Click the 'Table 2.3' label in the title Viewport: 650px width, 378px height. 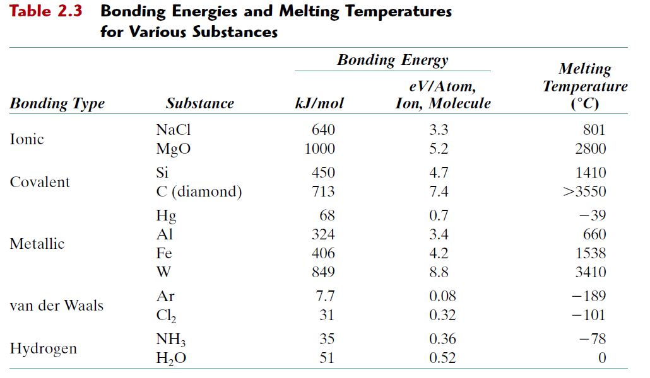46,12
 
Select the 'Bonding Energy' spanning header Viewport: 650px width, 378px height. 392,60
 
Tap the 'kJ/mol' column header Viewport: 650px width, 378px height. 319,103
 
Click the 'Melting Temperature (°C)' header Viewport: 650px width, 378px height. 585,86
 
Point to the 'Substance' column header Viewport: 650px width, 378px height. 199,103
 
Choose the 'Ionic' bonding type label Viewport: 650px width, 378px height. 27,139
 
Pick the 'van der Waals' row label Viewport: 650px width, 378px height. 57,306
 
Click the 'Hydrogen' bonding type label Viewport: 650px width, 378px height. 44,348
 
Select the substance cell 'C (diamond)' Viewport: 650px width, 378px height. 199,192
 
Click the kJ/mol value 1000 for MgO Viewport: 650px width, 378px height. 319,149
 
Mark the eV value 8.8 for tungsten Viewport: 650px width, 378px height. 439,272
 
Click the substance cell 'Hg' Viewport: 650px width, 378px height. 166,216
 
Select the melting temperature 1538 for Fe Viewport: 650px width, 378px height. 591,253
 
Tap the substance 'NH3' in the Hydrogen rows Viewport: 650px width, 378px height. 170,340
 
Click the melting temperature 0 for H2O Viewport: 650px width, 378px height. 601,358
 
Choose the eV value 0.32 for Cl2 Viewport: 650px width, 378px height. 442,315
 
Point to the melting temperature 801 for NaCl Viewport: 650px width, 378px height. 594,130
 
